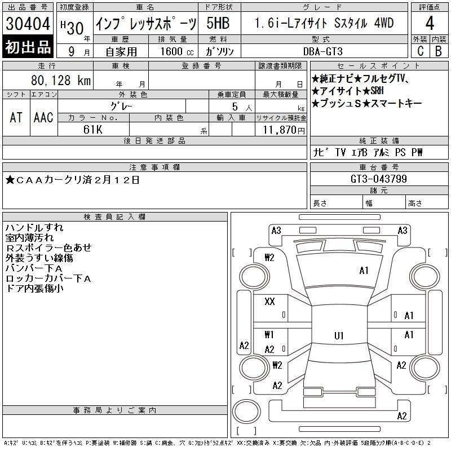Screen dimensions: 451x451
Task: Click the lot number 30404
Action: point(28,24)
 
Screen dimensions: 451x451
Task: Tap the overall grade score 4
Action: point(430,23)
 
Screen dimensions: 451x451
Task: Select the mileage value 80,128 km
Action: point(61,80)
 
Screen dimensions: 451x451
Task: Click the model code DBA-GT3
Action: point(323,51)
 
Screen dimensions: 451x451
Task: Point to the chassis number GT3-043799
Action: point(379,179)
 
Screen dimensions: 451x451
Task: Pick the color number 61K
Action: point(93,130)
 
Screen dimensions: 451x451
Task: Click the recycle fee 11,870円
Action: point(284,130)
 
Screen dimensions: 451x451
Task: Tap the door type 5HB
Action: point(218,23)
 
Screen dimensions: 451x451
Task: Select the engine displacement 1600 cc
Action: point(177,51)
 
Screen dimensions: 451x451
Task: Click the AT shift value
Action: point(16,117)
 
